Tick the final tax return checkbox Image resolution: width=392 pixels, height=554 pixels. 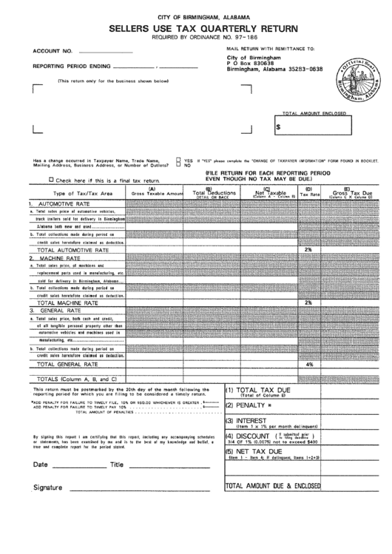(x=50, y=180)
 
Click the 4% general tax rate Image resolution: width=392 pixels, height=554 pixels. (x=309, y=365)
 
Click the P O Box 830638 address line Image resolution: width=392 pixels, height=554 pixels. (x=251, y=64)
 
